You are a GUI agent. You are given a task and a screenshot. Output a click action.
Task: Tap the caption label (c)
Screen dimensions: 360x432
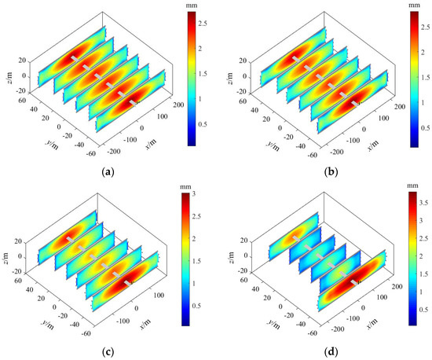106,351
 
